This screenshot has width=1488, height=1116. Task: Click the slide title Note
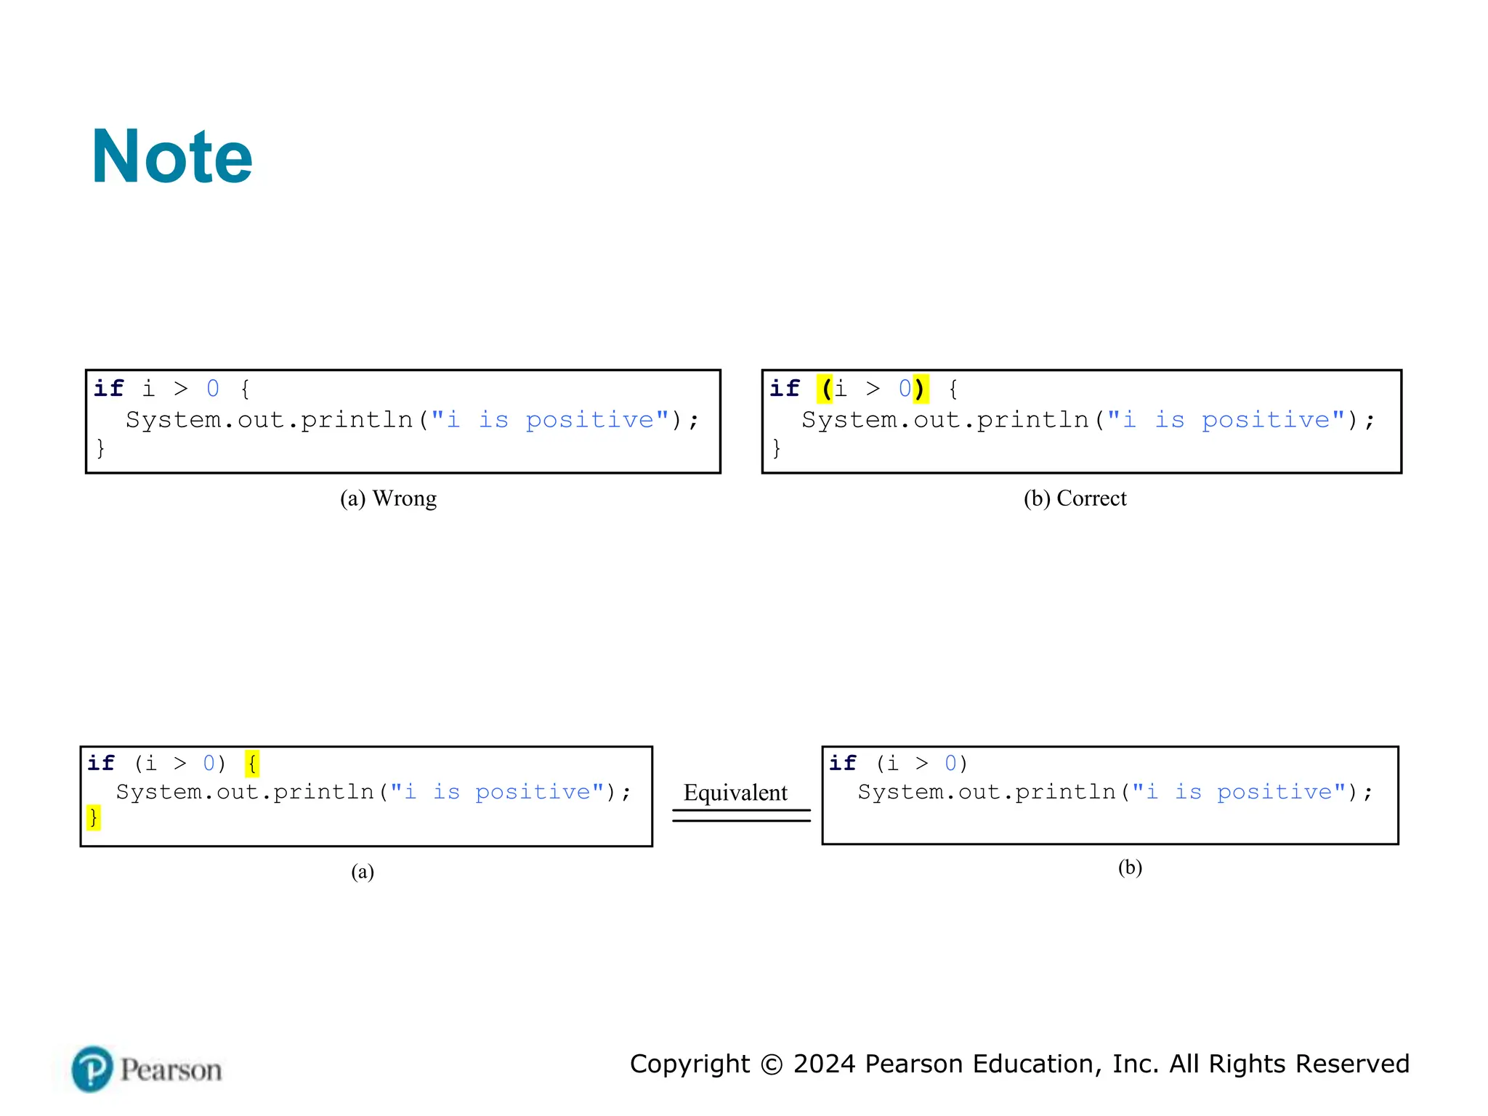click(172, 157)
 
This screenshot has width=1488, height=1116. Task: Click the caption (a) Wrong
click(388, 498)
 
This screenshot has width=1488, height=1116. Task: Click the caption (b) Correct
click(1075, 498)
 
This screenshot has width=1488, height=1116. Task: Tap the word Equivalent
click(735, 792)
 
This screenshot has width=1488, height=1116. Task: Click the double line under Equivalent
click(741, 815)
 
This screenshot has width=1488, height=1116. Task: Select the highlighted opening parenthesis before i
click(825, 389)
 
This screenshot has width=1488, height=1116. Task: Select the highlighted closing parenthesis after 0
click(920, 389)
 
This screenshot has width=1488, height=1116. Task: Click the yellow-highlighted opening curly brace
click(252, 764)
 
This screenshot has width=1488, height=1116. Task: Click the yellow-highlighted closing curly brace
click(93, 817)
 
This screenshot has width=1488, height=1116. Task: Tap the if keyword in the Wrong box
click(109, 389)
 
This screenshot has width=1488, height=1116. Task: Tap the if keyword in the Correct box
click(785, 389)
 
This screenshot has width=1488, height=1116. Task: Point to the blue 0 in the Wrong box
click(213, 389)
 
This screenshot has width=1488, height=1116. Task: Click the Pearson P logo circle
click(92, 1069)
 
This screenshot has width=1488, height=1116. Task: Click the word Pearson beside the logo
click(171, 1070)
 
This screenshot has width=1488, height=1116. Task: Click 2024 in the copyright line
click(824, 1064)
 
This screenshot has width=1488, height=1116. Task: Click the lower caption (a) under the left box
click(362, 871)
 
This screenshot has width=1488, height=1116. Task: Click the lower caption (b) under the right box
click(1130, 868)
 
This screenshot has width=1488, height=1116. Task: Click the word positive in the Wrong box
click(590, 421)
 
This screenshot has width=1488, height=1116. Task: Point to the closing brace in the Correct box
click(777, 448)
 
